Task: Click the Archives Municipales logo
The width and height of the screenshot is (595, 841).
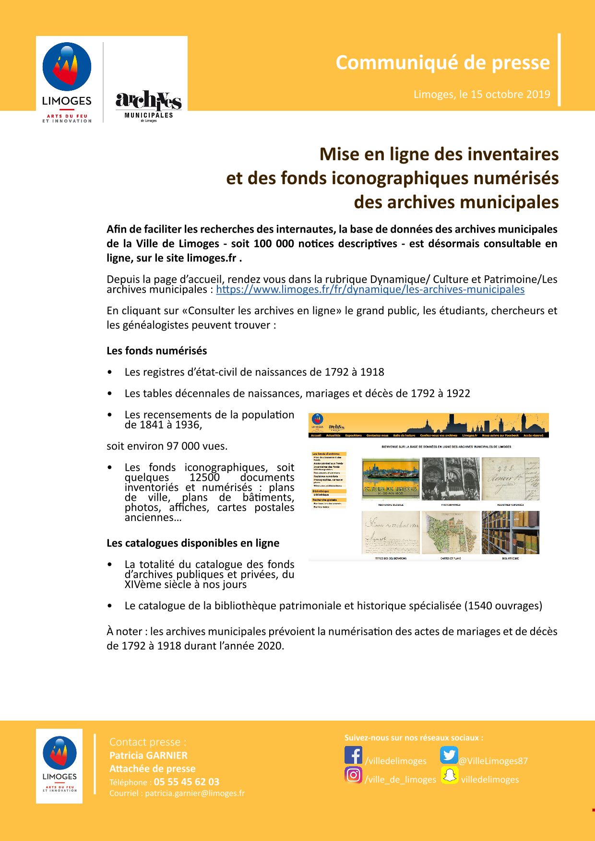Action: tap(148, 106)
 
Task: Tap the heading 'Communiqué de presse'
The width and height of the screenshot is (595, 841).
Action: tap(442, 63)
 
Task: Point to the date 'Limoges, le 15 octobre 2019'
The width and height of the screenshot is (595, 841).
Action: tap(482, 95)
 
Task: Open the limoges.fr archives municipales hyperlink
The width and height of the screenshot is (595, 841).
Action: tap(370, 290)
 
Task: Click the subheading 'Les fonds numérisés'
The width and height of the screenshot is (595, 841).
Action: tap(156, 351)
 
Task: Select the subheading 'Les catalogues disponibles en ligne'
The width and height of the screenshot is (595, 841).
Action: tap(192, 543)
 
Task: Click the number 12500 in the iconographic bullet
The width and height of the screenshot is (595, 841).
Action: tap(204, 477)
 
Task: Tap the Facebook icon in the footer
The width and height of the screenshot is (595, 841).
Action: tap(353, 755)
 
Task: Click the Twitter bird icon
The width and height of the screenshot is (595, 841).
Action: tap(449, 755)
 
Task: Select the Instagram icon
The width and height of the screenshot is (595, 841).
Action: tap(353, 775)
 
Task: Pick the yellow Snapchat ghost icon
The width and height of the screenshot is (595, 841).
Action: tap(450, 775)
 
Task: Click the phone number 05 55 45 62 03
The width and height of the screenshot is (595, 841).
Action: tap(186, 782)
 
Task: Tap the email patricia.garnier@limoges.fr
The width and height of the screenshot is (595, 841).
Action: tap(194, 793)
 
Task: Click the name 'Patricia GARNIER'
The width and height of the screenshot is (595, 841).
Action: tap(148, 755)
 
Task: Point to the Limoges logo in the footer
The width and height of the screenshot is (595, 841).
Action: tap(59, 766)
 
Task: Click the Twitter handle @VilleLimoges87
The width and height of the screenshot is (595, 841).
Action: tap(493, 761)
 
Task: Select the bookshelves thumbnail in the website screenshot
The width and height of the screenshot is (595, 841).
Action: tap(510, 532)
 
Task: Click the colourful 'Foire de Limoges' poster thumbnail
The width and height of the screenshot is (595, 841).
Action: tap(390, 479)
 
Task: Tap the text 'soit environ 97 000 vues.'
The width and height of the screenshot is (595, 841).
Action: tap(167, 446)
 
